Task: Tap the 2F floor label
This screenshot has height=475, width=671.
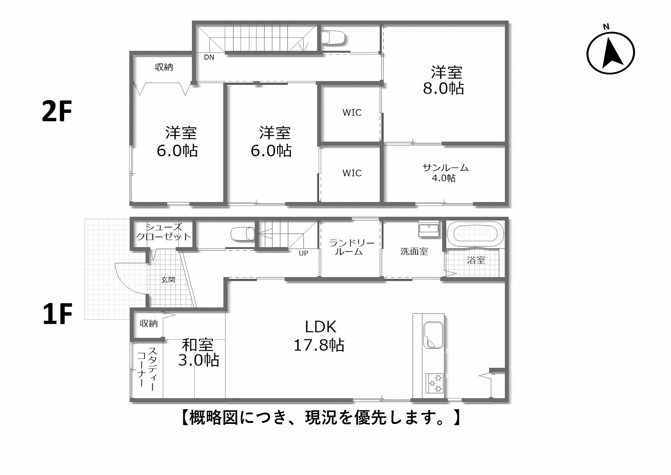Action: click(57, 111)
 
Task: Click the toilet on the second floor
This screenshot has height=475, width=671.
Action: click(333, 37)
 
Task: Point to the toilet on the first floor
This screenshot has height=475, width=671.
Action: click(243, 233)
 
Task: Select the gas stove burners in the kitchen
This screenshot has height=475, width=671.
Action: click(434, 383)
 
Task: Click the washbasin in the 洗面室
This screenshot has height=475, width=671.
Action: click(428, 229)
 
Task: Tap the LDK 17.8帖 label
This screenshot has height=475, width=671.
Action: click(319, 336)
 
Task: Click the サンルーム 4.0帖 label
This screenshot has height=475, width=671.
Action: click(445, 173)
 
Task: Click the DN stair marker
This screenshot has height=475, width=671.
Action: click(209, 57)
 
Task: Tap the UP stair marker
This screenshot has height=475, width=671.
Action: click(303, 253)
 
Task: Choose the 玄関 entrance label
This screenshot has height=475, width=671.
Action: click(168, 279)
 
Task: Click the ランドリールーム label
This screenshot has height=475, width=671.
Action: click(351, 247)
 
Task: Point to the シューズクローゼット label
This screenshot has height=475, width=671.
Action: click(163, 232)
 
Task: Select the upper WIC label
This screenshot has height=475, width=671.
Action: click(352, 113)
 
